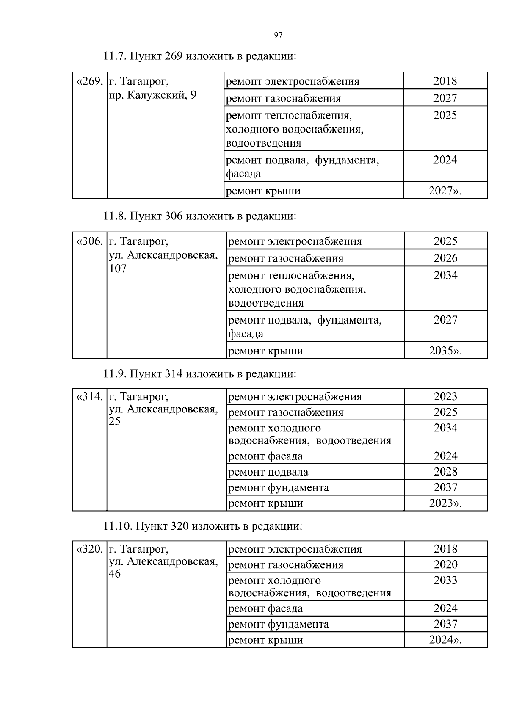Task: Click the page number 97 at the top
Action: pos(278,35)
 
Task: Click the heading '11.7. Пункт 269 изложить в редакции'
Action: pos(199,56)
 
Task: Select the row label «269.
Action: pos(89,81)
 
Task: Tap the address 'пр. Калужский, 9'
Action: pos(152,95)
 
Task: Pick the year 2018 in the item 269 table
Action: pos(445,81)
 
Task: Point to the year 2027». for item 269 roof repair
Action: pos(445,191)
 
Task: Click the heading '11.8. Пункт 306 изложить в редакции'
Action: pos(199,216)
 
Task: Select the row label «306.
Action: pos(89,241)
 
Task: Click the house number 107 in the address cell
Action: pos(118,269)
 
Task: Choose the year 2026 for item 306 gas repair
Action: pos(445,258)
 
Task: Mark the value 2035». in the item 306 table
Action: pos(445,351)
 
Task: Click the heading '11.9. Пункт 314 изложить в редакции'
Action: pos(199,374)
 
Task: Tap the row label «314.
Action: pos(89,397)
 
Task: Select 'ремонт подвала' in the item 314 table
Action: pos(268,472)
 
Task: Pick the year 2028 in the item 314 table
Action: pos(445,471)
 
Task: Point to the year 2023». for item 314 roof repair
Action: pos(445,503)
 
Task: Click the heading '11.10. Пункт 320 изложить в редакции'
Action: pos(203,526)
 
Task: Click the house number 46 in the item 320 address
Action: pos(115,574)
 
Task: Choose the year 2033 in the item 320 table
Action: pos(445,580)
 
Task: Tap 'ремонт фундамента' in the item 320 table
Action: pos(278,624)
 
